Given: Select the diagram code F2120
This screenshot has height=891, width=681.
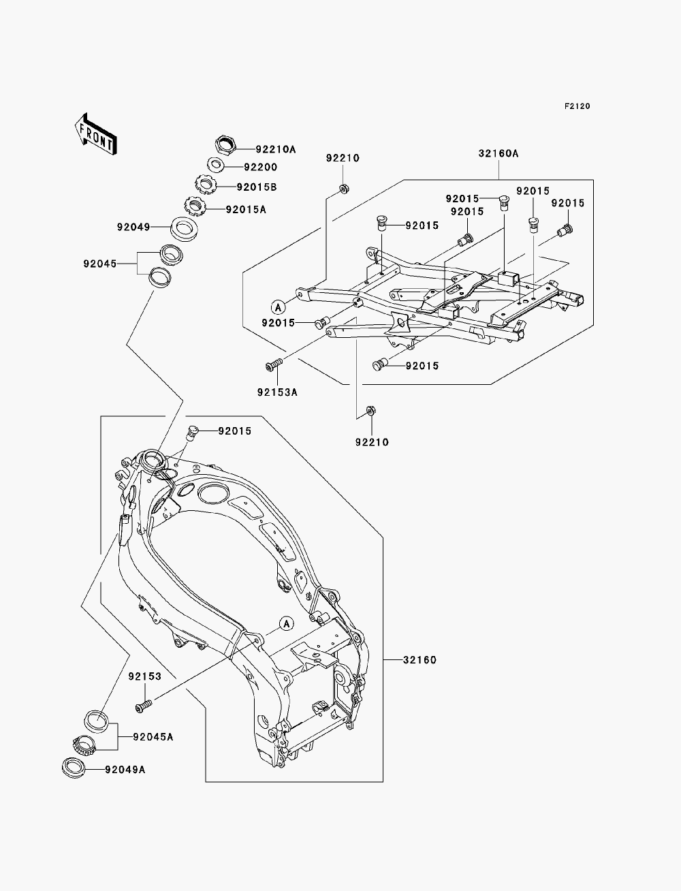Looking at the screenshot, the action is [x=577, y=106].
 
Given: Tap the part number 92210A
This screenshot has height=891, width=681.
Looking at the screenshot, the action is [x=276, y=149].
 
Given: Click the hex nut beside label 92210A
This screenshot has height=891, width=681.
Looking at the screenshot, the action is [x=225, y=144].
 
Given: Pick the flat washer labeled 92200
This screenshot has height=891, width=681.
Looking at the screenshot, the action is [x=217, y=166].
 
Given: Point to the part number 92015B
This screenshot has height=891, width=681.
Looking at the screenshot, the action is [x=257, y=187].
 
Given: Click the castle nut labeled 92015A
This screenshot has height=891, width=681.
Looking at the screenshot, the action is [x=196, y=206].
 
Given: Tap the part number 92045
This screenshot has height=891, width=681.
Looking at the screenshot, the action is [x=100, y=264].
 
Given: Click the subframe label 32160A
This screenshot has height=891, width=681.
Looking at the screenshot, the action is [x=498, y=153].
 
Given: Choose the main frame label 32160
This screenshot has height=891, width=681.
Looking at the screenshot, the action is [x=419, y=660].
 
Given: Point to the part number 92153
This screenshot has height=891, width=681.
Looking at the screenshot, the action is [x=145, y=676].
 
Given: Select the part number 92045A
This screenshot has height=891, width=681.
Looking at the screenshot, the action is [x=153, y=737].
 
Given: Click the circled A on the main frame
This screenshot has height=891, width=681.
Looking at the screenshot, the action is [x=287, y=623].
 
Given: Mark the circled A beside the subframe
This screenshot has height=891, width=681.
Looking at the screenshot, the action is [x=278, y=307].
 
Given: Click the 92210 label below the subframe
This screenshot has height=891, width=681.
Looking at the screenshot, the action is [x=372, y=442].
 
